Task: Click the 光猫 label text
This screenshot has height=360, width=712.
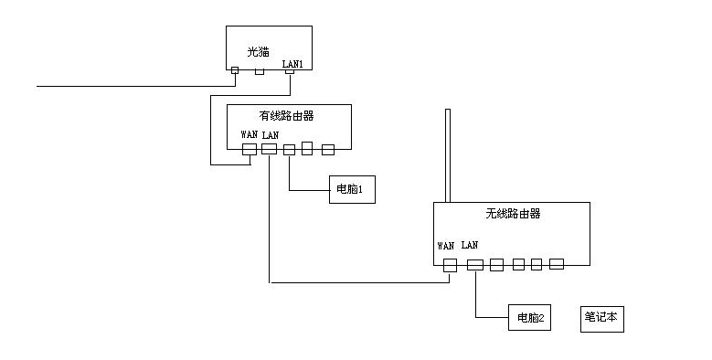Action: (x=258, y=52)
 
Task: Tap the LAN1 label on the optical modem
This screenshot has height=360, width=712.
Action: (x=292, y=64)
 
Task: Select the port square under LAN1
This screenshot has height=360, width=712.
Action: (x=289, y=72)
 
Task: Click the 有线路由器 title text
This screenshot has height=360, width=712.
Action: (x=286, y=116)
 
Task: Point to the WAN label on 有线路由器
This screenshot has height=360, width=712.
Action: (x=249, y=134)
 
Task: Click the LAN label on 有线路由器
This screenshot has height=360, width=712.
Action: (x=271, y=135)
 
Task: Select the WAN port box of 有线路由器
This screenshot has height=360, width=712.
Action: (x=250, y=149)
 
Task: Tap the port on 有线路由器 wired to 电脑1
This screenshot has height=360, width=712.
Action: (x=289, y=149)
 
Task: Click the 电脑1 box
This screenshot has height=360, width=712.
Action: (x=352, y=189)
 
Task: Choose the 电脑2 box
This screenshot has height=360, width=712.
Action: (x=529, y=317)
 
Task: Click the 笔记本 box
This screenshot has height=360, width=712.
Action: (x=602, y=319)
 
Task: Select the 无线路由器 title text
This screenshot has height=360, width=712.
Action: (x=513, y=214)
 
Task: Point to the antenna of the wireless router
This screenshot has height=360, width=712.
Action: (x=448, y=155)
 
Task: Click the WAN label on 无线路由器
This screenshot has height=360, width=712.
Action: (x=445, y=246)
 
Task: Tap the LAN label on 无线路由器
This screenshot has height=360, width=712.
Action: (x=470, y=245)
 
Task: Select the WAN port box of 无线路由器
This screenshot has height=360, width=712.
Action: (x=450, y=265)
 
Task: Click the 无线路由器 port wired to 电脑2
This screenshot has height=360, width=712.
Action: (x=475, y=265)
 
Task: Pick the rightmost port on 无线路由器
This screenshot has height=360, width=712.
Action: (x=557, y=264)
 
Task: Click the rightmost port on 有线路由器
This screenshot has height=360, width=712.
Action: (x=328, y=149)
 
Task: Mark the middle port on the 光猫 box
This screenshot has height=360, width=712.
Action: (x=260, y=72)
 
